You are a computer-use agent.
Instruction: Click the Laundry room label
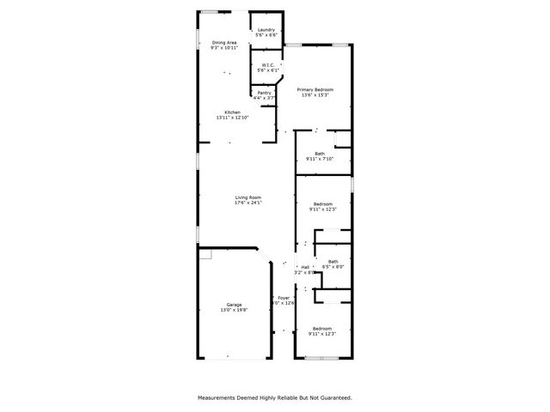coord(266,30)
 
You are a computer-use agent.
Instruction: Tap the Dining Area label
coord(224,42)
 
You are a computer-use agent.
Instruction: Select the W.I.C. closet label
coord(266,64)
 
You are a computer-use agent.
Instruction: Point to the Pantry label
coord(265,93)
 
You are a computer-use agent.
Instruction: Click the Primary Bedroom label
coord(315,89)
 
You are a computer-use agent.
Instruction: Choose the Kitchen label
coord(232,112)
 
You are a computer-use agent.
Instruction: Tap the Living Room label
coord(248,198)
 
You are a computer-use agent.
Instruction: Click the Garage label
coord(234,305)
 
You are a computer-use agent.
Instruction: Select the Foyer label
coord(284,297)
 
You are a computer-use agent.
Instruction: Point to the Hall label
coord(305,267)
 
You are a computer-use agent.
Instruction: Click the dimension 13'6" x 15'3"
coord(315,94)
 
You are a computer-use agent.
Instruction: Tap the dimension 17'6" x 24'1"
coord(248,203)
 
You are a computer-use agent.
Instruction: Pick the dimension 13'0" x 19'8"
coord(234,310)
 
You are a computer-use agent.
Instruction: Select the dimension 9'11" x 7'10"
coord(320,159)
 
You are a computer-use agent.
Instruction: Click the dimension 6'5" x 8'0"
coord(333,266)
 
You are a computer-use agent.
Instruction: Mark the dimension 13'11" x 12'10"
coord(232,118)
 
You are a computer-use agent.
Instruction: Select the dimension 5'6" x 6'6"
coord(266,35)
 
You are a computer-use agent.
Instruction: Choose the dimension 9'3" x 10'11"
coord(224,47)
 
